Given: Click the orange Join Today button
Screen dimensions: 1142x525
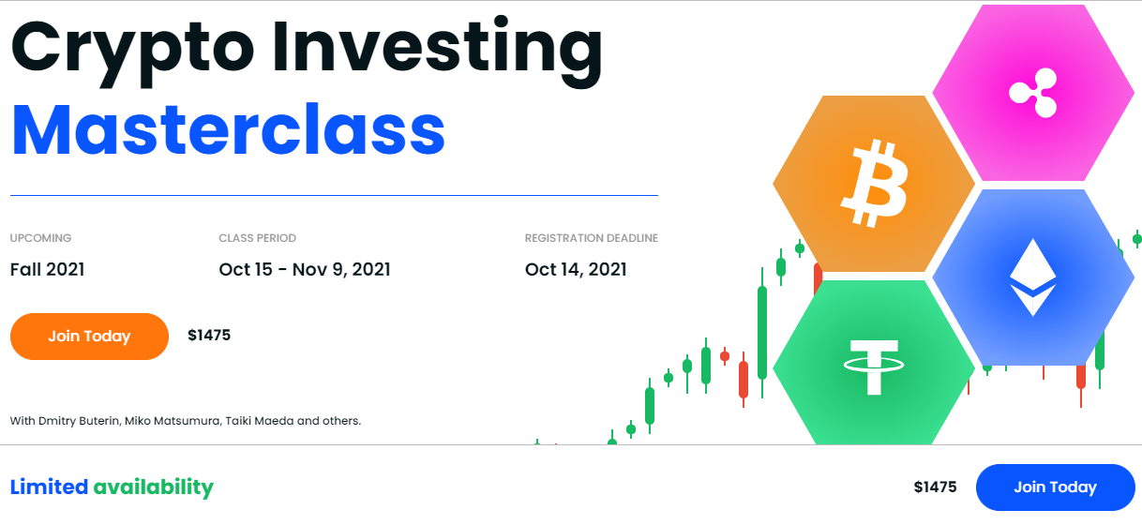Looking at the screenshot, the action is [89, 337].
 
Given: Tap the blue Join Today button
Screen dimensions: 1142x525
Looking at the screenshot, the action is [1056, 487].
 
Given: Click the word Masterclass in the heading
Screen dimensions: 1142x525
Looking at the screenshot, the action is [228, 129].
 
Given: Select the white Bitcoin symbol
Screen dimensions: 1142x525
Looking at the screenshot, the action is [875, 184].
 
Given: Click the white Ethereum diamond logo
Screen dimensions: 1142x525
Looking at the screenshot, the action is [1033, 277].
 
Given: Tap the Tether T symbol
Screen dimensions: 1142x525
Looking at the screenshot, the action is [874, 367].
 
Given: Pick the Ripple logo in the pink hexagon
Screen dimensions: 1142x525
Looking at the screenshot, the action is [1034, 93].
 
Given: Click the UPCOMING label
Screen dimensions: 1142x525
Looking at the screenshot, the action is [41, 238].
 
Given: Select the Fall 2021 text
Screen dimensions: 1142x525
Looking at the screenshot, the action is [48, 269].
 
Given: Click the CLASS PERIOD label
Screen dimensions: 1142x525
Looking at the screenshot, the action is [258, 238].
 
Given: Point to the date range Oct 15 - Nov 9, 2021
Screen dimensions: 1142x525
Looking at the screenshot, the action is [305, 270].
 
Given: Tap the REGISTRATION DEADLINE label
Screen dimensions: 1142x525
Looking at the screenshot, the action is [592, 238].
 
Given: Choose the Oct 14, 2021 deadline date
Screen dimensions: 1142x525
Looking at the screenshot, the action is [576, 270].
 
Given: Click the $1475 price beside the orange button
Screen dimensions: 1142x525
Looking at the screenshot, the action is [209, 335].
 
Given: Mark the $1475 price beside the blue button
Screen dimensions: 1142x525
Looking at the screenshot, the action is [935, 487].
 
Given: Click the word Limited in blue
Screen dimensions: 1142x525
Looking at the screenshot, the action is [49, 487].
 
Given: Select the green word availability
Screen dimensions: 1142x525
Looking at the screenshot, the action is [154, 488].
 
